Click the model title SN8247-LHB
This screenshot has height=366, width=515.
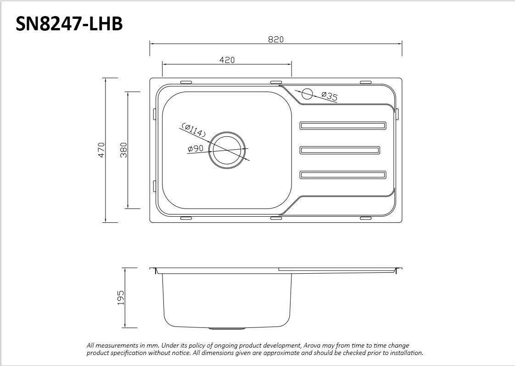tap(69, 24)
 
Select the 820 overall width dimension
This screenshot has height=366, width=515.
tap(276, 39)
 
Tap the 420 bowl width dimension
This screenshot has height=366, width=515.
tap(227, 60)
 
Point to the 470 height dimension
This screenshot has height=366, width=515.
tap(101, 150)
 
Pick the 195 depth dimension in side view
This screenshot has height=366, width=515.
tap(121, 298)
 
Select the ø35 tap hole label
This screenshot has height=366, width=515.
tap(329, 96)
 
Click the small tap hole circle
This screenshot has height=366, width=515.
tap(307, 94)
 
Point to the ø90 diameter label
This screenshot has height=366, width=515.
tap(196, 148)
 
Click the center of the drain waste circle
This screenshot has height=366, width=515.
tap(227, 150)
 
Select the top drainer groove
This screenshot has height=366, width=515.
tap(342, 125)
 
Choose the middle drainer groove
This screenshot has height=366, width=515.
tap(340, 150)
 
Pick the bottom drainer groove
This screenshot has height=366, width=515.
tap(342, 175)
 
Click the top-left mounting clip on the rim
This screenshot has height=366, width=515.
tap(186, 82)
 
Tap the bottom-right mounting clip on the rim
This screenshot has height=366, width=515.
tap(365, 218)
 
